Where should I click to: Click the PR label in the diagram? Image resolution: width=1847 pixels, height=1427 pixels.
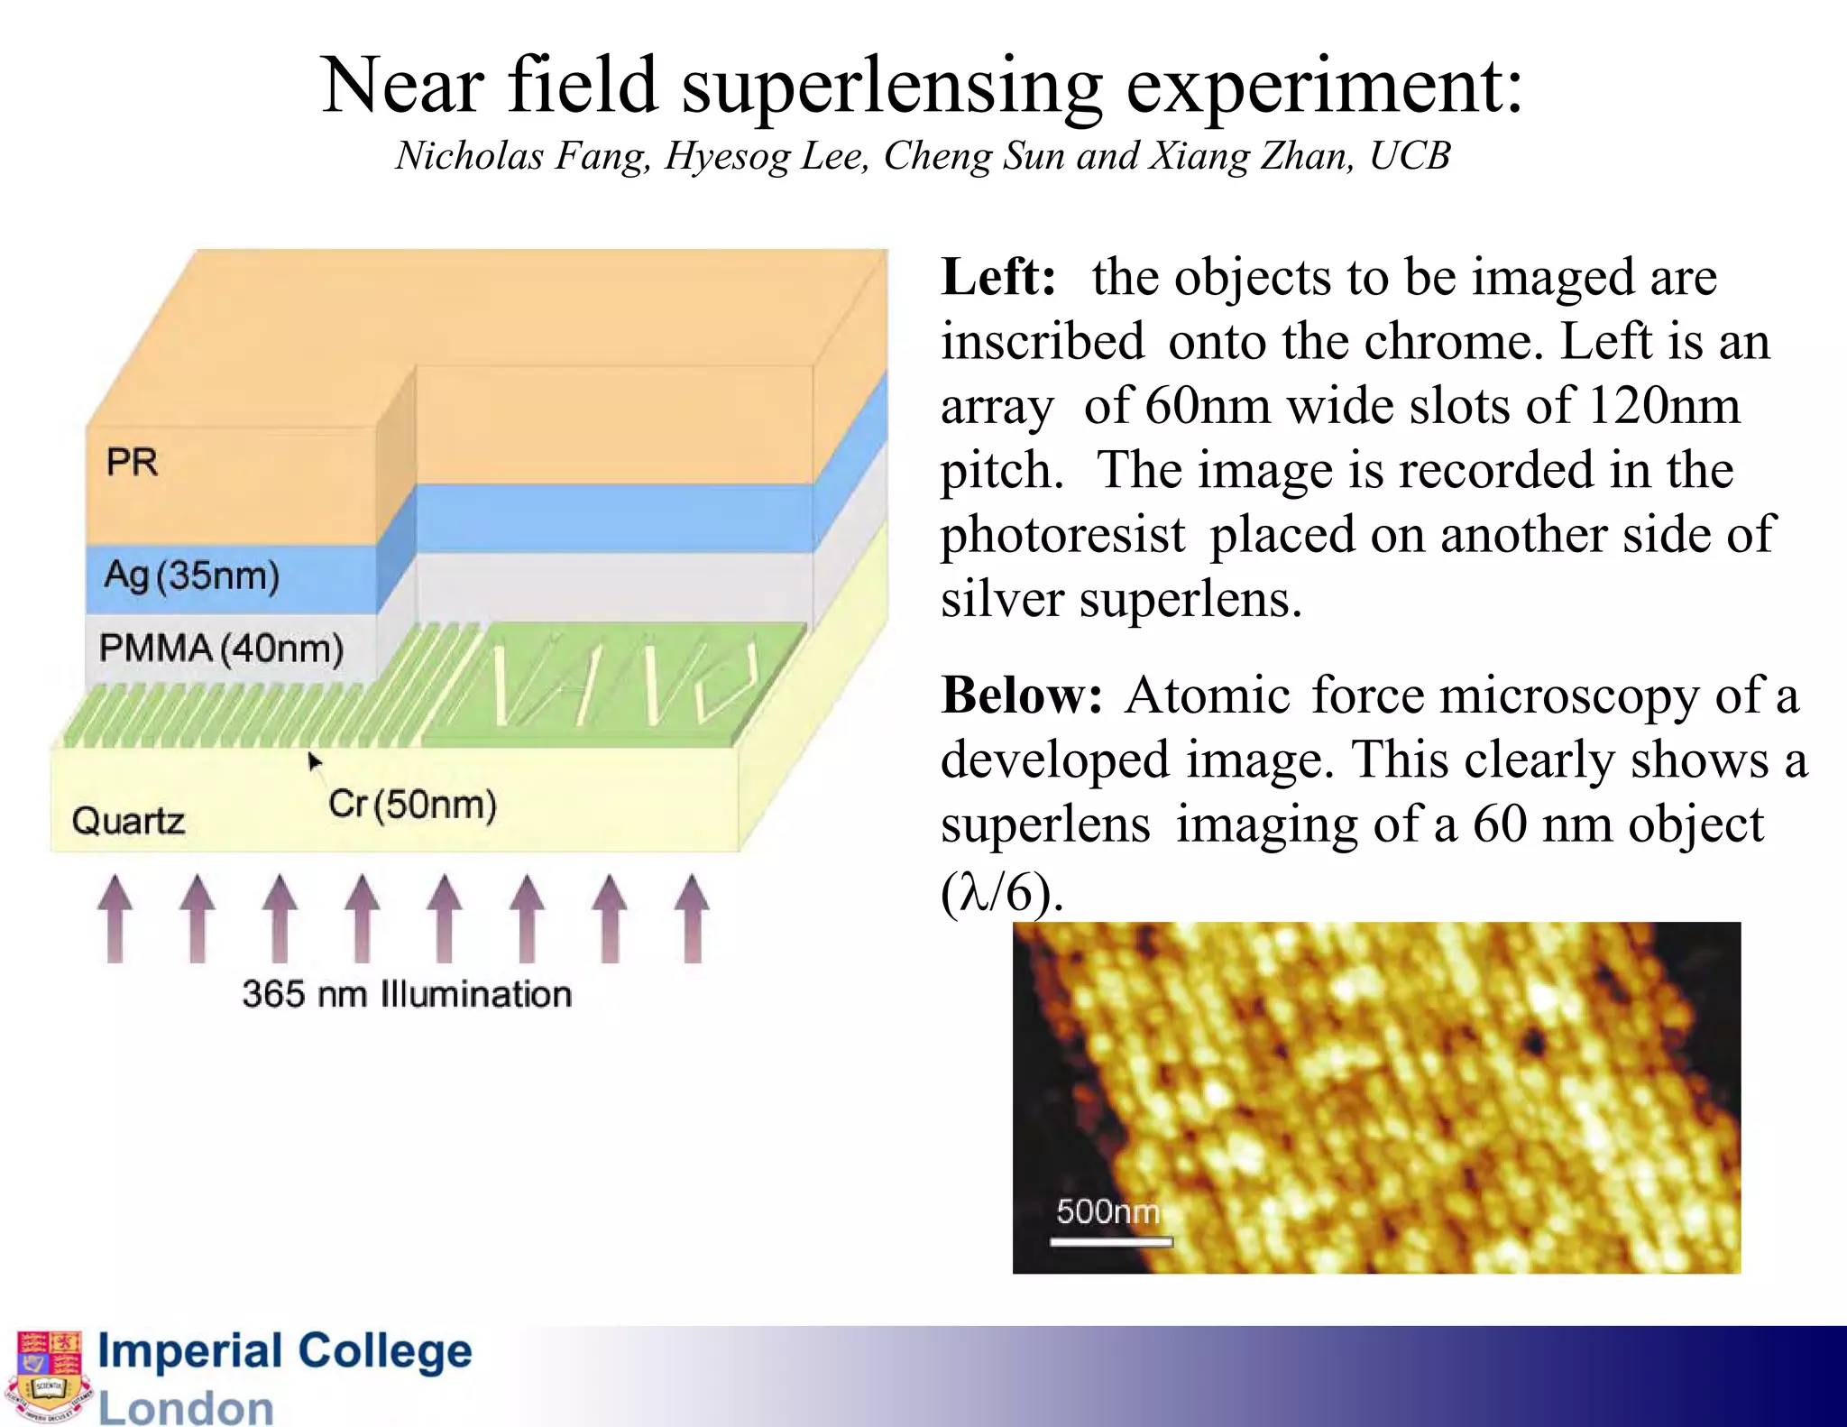click(132, 462)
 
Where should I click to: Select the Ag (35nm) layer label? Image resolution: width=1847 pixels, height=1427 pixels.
click(191, 575)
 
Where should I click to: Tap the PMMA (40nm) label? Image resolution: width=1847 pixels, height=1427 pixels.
click(221, 648)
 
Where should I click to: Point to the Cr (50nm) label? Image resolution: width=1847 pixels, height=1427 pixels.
click(411, 804)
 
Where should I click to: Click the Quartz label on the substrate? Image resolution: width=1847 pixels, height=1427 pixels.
click(128, 821)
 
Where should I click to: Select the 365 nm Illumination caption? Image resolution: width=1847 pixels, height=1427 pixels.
click(407, 994)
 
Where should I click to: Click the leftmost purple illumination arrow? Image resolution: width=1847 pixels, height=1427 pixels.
click(115, 917)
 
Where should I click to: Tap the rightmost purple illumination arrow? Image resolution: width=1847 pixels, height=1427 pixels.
click(692, 917)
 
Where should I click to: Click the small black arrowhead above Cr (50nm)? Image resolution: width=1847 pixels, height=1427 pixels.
click(314, 762)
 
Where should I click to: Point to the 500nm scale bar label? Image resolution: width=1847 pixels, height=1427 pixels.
click(1107, 1211)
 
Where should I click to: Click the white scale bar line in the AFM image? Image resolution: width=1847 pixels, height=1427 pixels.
click(1111, 1242)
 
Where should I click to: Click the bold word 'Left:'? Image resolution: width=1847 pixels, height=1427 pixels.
click(997, 277)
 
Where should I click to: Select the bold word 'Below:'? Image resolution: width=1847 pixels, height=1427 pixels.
click(1021, 695)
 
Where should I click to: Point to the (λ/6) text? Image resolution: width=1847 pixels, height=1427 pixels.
click(1001, 892)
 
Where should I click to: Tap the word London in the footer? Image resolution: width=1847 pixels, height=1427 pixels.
click(186, 1407)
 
